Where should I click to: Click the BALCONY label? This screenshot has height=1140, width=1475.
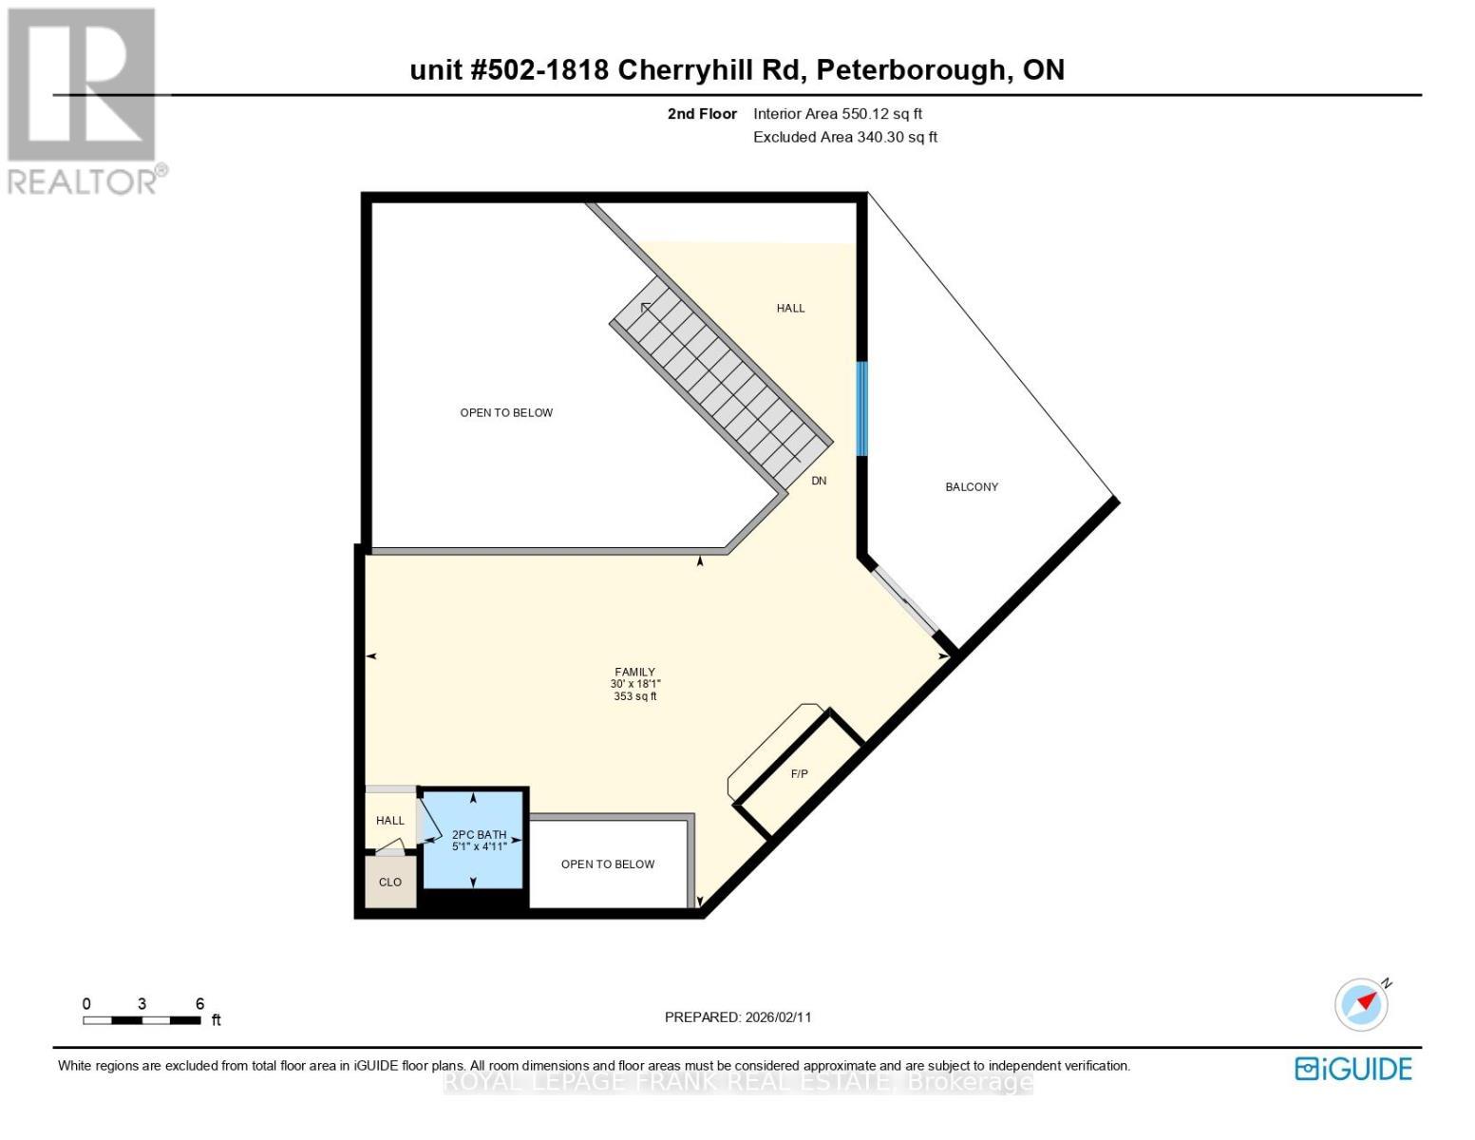coord(971,486)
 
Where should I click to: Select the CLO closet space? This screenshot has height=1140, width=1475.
coord(390,883)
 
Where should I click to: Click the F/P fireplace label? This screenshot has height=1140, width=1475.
coord(800,774)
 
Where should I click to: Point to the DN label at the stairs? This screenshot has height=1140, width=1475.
coord(819,481)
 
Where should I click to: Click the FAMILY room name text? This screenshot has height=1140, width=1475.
coord(635,672)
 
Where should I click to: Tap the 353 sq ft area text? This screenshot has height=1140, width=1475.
coord(635,696)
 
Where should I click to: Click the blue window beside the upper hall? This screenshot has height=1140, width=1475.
coord(862,408)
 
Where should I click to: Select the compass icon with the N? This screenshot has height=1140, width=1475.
coord(1361,1004)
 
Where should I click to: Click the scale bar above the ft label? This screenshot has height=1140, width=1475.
coord(142,1020)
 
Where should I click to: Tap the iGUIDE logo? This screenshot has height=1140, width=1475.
coord(1352,1069)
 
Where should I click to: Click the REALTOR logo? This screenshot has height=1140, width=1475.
coord(83,100)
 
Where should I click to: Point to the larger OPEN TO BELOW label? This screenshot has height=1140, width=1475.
coord(506,412)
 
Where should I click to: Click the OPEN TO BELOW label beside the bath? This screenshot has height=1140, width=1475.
coord(608,864)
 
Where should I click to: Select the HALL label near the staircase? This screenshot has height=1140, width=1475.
coord(790,308)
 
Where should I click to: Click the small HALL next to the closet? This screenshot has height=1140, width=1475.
coord(389,821)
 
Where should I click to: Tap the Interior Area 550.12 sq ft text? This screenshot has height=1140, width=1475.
coord(837,114)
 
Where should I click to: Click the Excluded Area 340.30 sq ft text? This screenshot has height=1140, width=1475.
coord(844,137)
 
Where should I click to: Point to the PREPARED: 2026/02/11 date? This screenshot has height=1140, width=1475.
coord(738,1016)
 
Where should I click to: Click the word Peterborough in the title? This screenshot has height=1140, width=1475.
coord(909,69)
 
